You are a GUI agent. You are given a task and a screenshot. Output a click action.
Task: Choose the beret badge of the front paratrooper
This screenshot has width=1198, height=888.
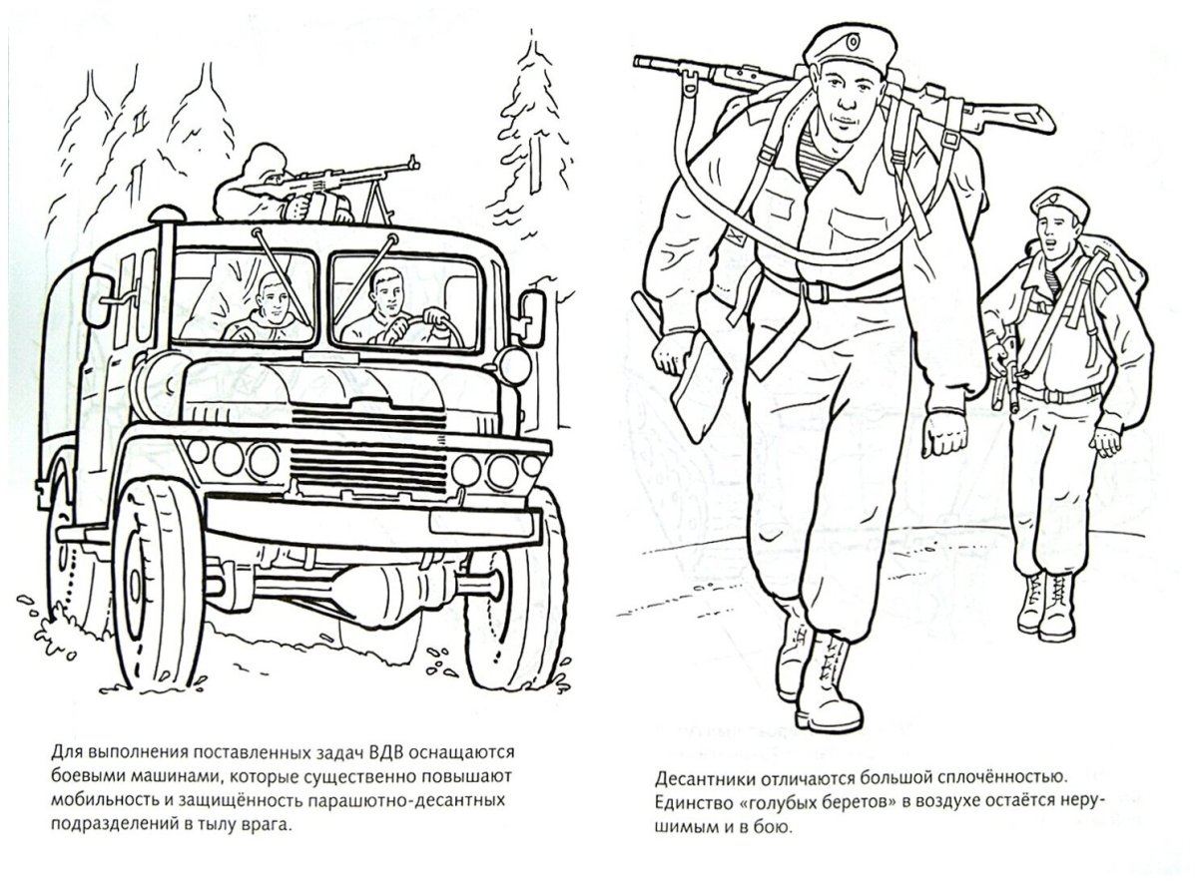(854, 42)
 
